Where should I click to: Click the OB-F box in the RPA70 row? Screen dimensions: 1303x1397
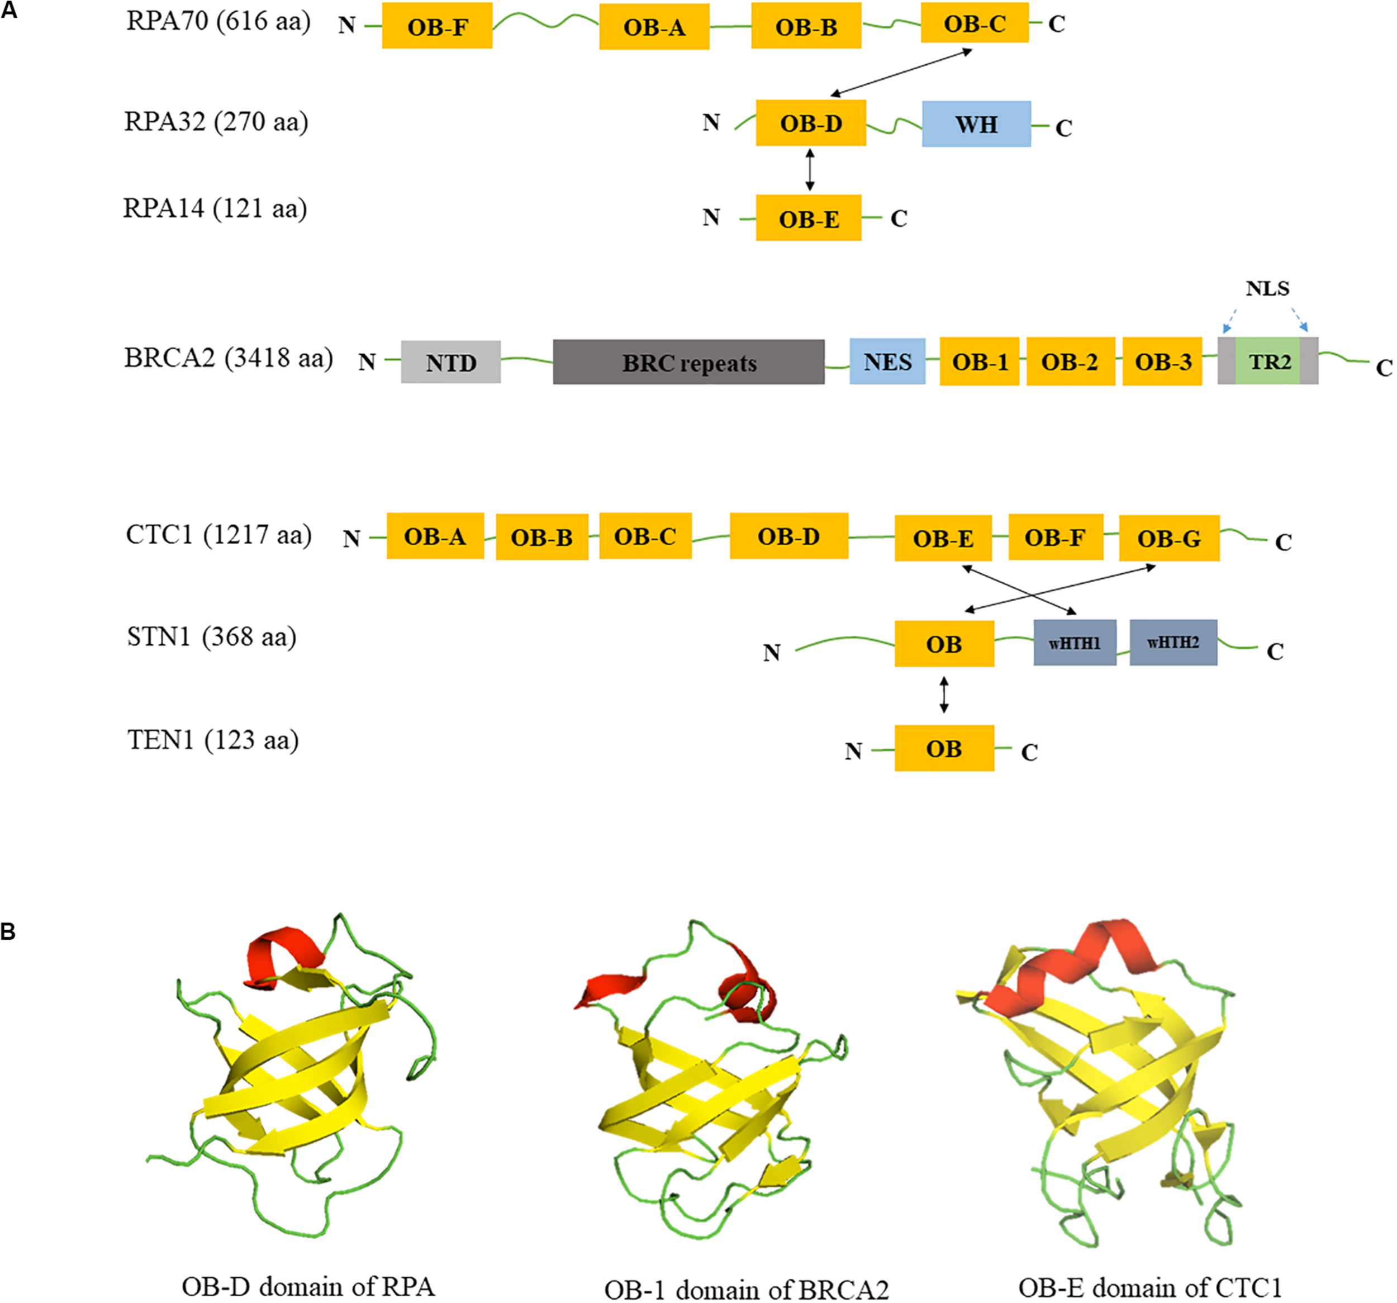coord(436,26)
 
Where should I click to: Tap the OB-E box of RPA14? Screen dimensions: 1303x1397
coord(808,218)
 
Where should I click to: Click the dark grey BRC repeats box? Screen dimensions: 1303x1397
coord(688,362)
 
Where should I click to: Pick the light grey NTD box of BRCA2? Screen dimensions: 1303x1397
coord(450,362)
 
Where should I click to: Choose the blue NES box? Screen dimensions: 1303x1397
coord(887,362)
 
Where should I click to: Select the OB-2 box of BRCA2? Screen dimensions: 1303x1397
coord(1070,362)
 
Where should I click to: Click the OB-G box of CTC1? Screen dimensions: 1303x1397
coord(1168,538)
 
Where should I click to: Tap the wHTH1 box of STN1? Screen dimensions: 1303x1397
coord(1074,643)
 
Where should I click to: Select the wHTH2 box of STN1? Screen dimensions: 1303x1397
coord(1173,643)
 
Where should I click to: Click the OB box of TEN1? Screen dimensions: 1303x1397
coord(944,749)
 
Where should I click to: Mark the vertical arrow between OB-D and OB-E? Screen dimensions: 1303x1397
coord(810,169)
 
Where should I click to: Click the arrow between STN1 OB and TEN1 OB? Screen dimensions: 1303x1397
coord(944,695)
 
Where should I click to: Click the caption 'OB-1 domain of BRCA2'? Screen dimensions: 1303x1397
coord(747,1290)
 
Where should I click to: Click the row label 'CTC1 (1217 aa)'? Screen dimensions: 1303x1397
coord(218,535)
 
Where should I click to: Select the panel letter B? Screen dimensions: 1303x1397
coord(8,932)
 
